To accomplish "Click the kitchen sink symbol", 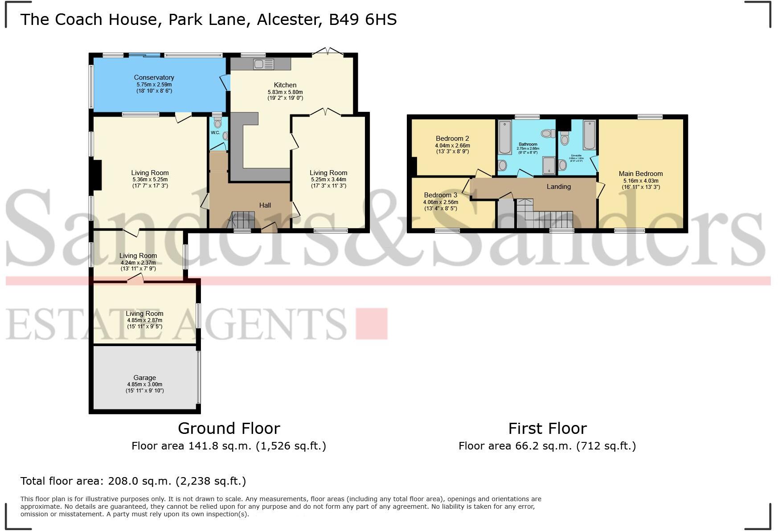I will coord(263,64).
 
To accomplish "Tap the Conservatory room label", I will coord(154,78).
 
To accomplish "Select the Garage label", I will coord(144,377).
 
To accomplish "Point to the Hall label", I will coord(265,205).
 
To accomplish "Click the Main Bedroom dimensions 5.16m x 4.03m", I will coord(641,181).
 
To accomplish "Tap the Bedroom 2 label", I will coord(452,139).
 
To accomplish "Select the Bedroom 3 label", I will coord(440,195).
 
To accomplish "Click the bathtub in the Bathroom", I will coord(505,136).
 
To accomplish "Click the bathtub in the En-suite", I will coord(589,135).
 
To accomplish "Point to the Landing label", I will coord(558,187).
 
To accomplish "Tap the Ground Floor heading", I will coord(229,428).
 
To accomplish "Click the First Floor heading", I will coord(547,428).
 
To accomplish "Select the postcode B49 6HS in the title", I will coord(362,20).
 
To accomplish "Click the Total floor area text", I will coord(133,481).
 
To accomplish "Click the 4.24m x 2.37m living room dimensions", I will coord(138,262).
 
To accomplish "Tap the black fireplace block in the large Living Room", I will coord(97,177).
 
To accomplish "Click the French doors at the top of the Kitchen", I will coord(328,51).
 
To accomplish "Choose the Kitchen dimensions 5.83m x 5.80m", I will coord(285,92).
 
